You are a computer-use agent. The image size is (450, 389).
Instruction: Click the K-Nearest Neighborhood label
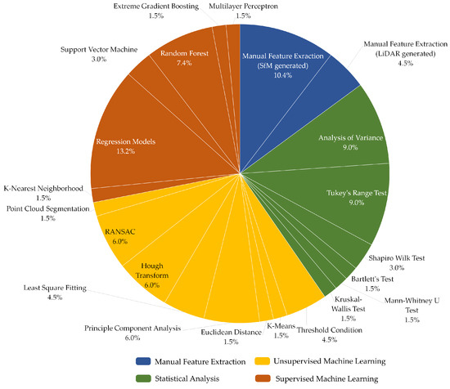tap(43, 192)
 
